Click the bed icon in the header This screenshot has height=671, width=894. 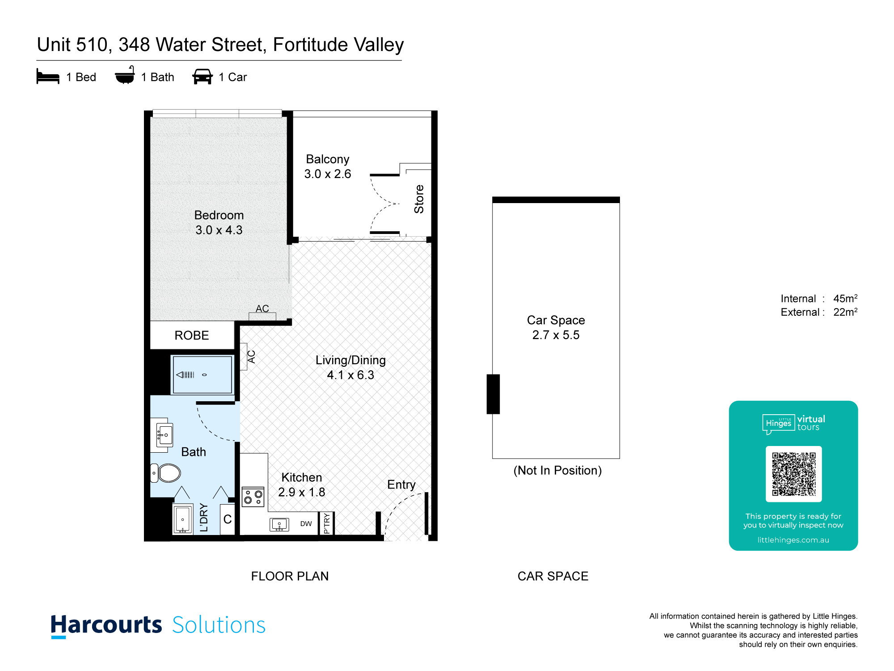coord(48,76)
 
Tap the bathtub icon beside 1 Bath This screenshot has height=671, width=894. coord(125,75)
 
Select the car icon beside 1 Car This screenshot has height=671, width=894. coord(202,76)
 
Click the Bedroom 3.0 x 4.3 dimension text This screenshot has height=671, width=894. coord(219,230)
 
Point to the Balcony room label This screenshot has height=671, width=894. coord(328,160)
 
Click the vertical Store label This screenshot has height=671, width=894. coord(419,199)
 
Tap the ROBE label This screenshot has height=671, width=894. coord(192,335)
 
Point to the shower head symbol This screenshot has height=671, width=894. coord(185,375)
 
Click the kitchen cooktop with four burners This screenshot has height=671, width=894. coord(253,497)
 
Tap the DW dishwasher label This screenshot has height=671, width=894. coord(306,524)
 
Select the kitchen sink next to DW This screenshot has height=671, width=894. coord(279,524)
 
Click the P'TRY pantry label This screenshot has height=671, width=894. coord(327,523)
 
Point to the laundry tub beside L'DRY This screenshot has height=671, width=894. coord(183,520)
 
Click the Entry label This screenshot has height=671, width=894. coord(401,485)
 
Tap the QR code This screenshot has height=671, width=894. coord(794,474)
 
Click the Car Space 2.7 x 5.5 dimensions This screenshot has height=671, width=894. coord(556,335)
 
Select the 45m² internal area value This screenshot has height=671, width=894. coord(845,298)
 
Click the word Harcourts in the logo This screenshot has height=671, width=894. coord(106,625)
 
